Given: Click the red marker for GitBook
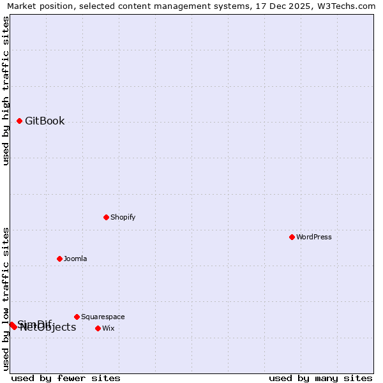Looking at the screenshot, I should pos(20,121).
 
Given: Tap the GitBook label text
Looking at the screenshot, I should pos(45,121).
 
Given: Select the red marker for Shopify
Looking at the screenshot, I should pos(106,217).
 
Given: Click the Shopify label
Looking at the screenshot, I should pos(123,217).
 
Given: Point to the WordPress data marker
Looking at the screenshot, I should pos(292,237).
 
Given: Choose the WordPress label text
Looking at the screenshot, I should pos(314,237).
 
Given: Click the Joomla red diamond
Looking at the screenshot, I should pos(59,259).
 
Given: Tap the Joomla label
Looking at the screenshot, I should pos(75,259).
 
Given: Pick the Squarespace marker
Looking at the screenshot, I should pos(77,317).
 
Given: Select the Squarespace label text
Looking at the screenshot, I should pos(103,317).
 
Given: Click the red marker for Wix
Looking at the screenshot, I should pos(98,328).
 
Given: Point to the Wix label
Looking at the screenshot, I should pos(109,328).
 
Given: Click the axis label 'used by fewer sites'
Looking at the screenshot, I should pos(66,378).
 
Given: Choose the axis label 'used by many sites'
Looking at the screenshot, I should pos(320,378).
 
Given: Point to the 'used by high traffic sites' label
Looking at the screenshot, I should pos(6,91).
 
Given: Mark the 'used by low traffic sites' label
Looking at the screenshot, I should pos(6,299).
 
